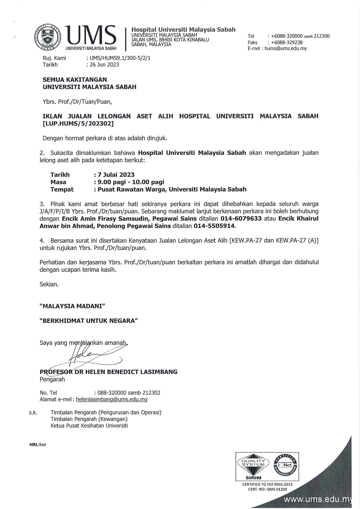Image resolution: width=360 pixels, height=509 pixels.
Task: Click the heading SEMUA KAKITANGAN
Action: click(x=75, y=80)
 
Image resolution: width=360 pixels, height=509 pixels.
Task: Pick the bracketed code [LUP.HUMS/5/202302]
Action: click(x=78, y=124)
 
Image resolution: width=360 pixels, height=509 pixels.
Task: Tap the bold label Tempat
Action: click(x=62, y=189)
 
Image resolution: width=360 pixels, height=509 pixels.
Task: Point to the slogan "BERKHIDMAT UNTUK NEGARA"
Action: click(x=88, y=321)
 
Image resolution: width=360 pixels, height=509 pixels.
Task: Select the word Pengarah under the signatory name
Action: click(x=52, y=379)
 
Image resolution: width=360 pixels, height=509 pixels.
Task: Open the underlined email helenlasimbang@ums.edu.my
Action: click(x=112, y=399)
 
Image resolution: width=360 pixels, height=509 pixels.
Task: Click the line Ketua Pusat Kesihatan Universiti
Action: click(x=89, y=426)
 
